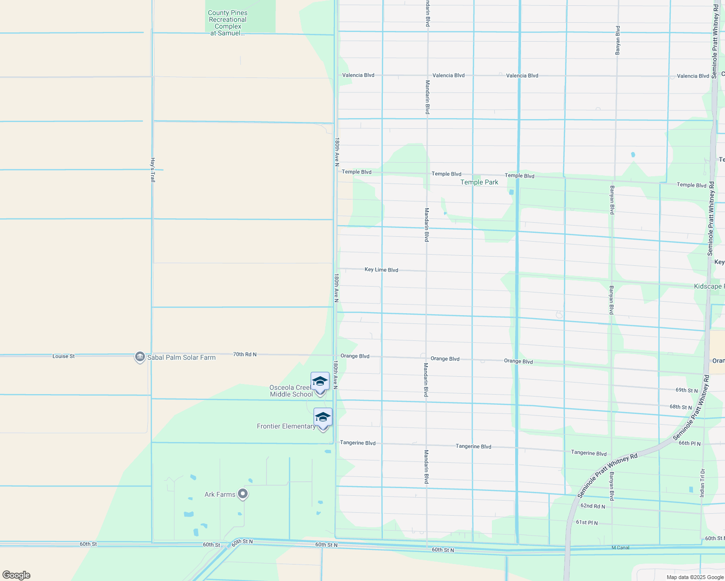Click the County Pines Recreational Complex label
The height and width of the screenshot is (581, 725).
[228, 23]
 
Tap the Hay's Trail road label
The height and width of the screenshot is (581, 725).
[153, 170]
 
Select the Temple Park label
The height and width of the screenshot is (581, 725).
[479, 182]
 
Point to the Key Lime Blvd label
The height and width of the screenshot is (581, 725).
[381, 270]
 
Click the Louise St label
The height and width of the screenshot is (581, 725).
[63, 356]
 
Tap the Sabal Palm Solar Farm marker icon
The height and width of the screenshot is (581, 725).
[140, 357]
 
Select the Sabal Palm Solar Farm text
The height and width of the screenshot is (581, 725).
[181, 357]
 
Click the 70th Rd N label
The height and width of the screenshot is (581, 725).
[245, 354]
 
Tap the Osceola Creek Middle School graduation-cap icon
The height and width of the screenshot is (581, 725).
[320, 382]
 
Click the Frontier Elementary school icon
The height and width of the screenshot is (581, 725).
[323, 417]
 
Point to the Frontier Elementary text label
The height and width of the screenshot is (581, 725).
[286, 426]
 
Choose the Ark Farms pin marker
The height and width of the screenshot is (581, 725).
[243, 494]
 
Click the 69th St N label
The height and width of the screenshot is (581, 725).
[686, 390]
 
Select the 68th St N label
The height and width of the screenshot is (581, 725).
[680, 407]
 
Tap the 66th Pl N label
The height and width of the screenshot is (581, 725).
[689, 443]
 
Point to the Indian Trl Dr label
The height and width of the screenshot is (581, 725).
[702, 483]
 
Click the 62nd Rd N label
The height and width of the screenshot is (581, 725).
[593, 506]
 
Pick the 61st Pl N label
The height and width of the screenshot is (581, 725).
[586, 523]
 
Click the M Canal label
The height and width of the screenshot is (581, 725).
[620, 548]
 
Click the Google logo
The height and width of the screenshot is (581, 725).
[16, 575]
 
